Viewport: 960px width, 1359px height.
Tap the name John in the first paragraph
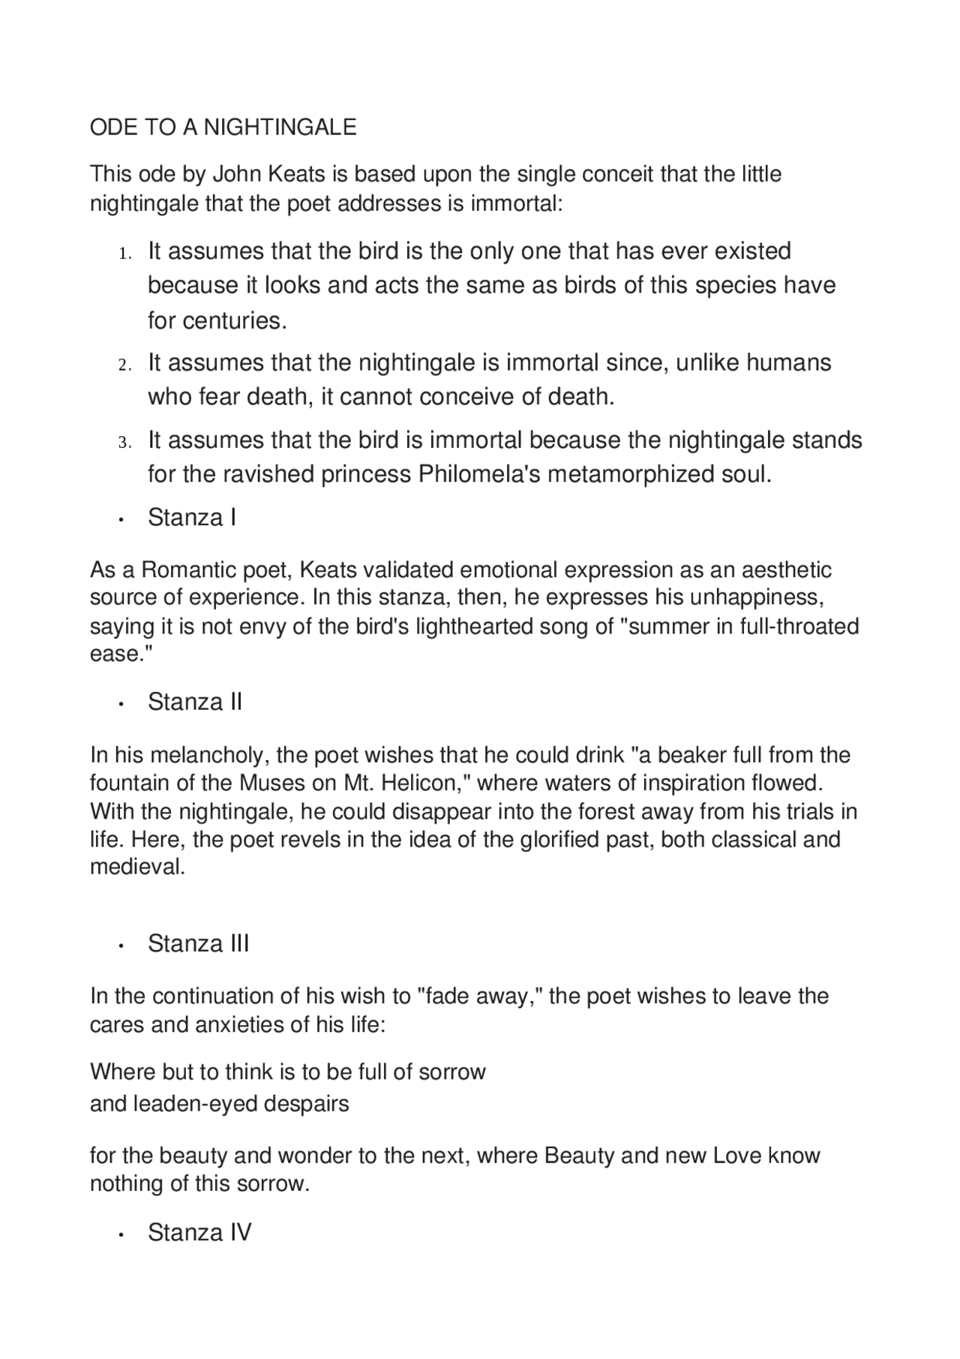[235, 174]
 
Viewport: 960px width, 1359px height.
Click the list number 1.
[124, 254]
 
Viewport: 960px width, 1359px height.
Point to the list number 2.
[124, 365]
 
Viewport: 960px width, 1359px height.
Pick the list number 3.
[124, 443]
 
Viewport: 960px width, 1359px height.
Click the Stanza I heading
[192, 517]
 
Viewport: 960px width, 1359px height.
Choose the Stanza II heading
[195, 702]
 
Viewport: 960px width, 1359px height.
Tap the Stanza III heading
[198, 943]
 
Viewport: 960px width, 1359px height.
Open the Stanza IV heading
[199, 1232]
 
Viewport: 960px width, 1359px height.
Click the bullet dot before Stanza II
[120, 704]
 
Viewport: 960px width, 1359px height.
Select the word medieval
[137, 867]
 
